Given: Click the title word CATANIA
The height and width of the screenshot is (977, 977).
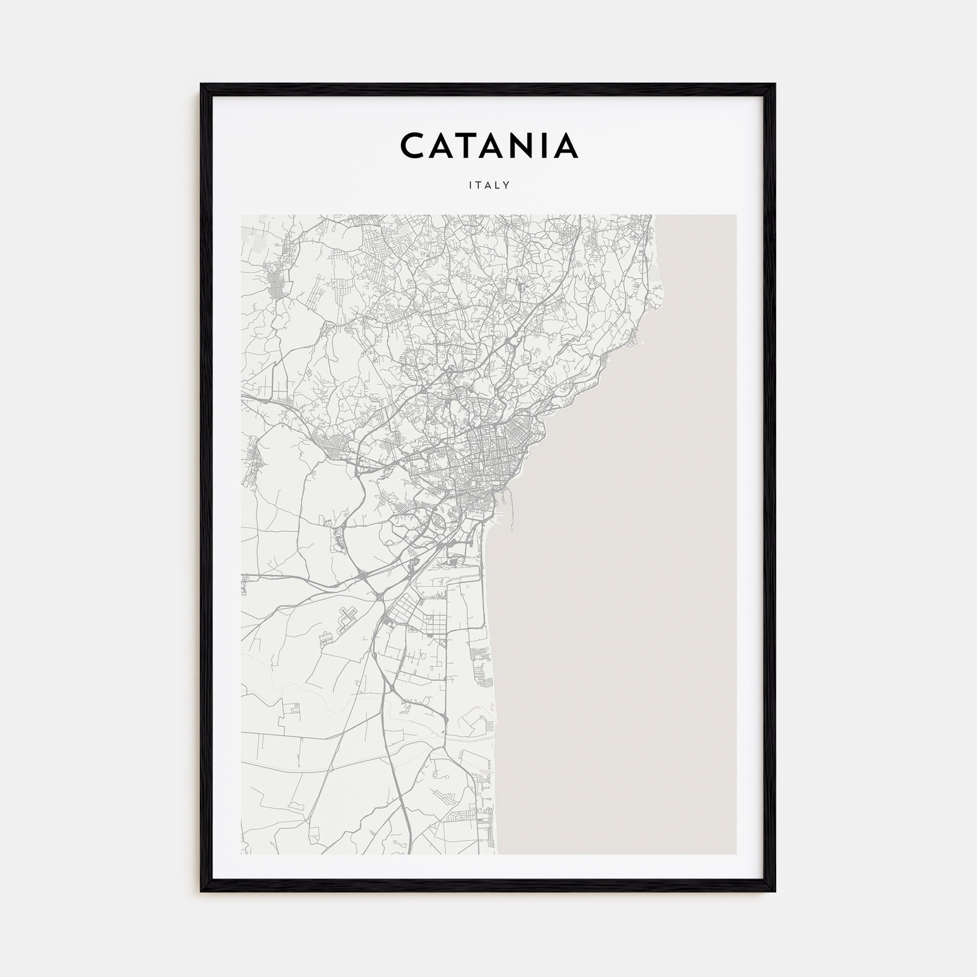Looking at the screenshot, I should click(x=488, y=146).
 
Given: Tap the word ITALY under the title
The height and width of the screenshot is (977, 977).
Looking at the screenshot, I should click(x=489, y=186).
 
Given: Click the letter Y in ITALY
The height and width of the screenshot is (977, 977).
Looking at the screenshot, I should click(x=507, y=186).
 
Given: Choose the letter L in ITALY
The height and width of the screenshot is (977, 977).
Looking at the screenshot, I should click(x=498, y=186).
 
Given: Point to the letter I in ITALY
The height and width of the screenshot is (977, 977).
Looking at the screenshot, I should click(x=471, y=186).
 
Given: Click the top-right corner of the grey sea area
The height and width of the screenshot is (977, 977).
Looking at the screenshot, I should click(x=735, y=216).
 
